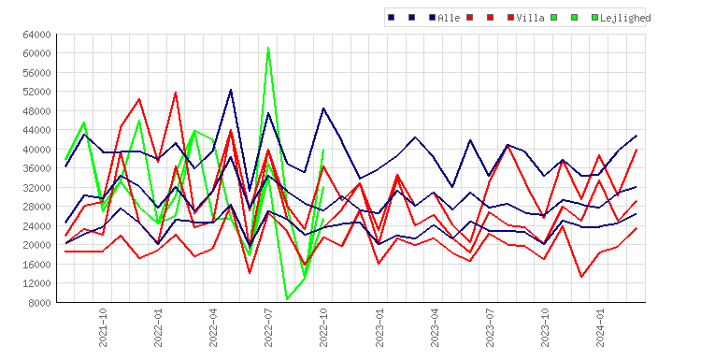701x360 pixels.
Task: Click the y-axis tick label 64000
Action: (37, 35)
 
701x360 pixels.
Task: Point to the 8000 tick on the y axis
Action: (40, 303)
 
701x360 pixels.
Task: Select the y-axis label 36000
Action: (37, 168)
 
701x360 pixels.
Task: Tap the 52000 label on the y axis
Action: (37, 92)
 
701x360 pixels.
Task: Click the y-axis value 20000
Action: (37, 245)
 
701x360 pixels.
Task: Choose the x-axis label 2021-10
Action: (103, 327)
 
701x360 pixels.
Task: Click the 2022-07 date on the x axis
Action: (268, 327)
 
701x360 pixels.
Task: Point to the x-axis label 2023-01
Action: (379, 327)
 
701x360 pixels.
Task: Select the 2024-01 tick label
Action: (600, 327)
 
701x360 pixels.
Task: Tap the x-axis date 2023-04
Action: (434, 327)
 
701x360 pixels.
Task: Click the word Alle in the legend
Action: (449, 18)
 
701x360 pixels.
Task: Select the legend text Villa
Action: (530, 18)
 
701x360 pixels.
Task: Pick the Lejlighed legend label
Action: (625, 18)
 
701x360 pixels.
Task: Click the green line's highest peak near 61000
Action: (268, 48)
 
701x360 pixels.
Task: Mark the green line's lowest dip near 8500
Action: (287, 298)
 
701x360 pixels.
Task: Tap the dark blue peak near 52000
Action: (231, 90)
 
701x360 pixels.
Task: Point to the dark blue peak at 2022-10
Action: (323, 108)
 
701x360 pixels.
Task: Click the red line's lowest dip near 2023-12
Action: (581, 277)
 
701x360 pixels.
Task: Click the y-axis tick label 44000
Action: (37, 130)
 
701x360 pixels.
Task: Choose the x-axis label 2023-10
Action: (545, 327)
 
